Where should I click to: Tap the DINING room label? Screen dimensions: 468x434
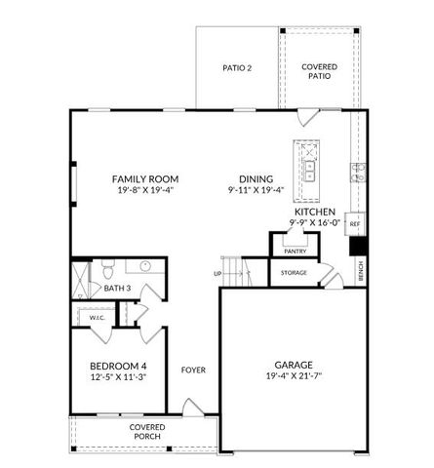click(x=250, y=178)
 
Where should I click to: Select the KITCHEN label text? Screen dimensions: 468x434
click(x=314, y=212)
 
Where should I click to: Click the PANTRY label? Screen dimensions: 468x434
click(x=295, y=251)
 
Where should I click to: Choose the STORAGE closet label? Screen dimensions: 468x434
click(x=294, y=273)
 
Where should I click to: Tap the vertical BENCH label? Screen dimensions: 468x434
click(x=361, y=270)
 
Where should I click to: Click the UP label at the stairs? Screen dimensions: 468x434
click(x=217, y=273)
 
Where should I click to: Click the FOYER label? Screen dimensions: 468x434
click(x=192, y=370)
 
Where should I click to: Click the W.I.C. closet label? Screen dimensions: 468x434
click(x=98, y=318)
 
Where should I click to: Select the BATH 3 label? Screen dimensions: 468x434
click(x=117, y=288)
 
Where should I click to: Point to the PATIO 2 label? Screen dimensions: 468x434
click(x=237, y=68)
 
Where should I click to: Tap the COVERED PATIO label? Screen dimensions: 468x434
click(x=319, y=71)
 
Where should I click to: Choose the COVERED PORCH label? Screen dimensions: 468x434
click(x=147, y=432)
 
